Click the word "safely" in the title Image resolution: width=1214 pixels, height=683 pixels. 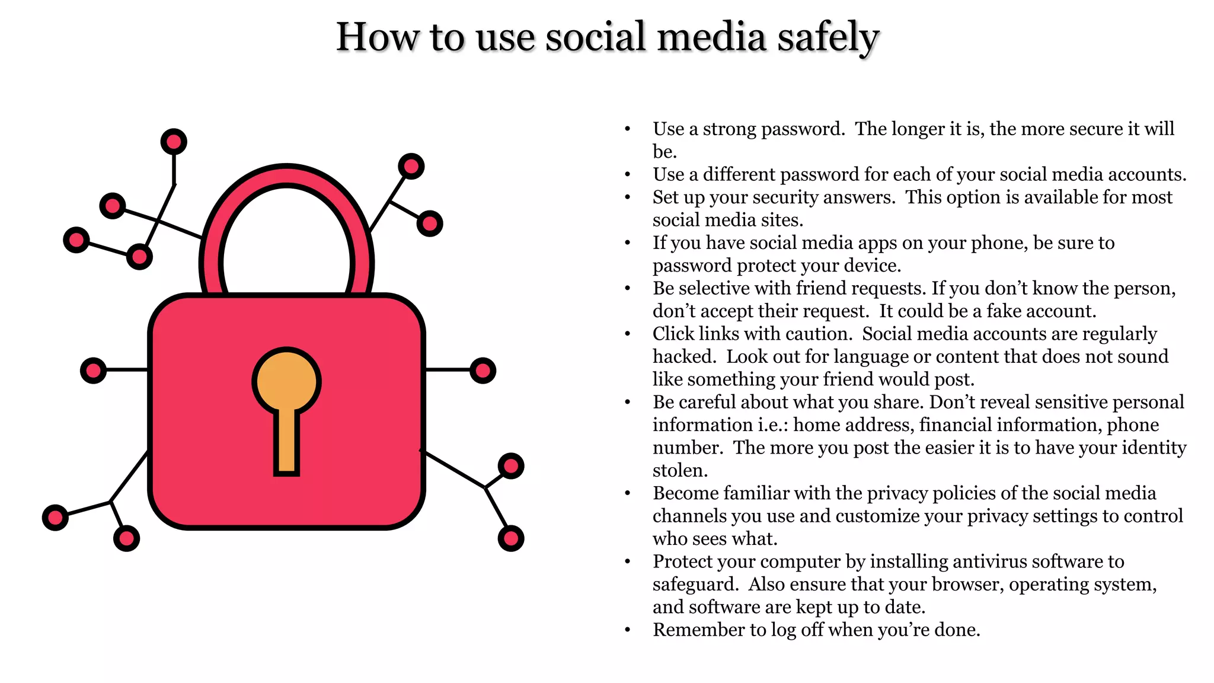pos(828,37)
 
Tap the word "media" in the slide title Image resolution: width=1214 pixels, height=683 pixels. pos(712,37)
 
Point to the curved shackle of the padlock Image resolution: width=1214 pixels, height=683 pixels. pos(287,178)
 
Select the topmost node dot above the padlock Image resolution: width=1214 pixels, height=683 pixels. pos(174,142)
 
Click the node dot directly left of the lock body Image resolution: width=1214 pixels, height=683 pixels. pos(93,371)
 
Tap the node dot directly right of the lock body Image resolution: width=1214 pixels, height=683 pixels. pos(483,371)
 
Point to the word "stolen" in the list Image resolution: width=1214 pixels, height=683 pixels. pos(679,470)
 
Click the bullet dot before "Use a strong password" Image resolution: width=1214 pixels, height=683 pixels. pos(627,129)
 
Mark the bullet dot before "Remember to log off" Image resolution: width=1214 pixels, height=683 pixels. pos(627,630)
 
